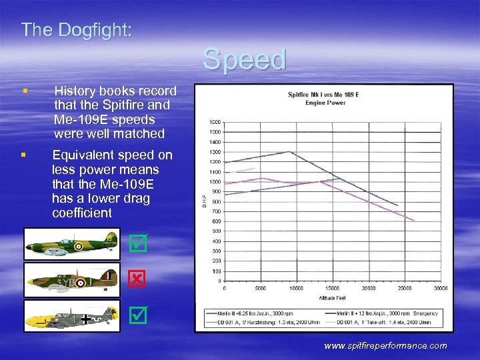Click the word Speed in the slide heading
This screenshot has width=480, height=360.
(245, 59)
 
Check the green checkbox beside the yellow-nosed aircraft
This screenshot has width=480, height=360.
(137, 312)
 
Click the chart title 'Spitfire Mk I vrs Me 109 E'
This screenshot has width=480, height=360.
(323, 95)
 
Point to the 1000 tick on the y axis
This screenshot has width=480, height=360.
(215, 181)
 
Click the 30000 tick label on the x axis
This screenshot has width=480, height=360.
(440, 288)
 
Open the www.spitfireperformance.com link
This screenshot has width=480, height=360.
(385, 345)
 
